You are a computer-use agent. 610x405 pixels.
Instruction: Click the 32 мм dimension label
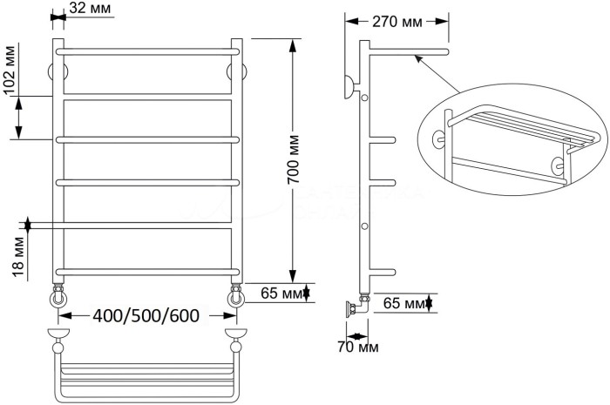pos(90,7)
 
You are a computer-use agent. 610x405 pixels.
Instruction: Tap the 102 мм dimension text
pos(10,71)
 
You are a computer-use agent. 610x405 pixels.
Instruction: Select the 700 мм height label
pos(293,159)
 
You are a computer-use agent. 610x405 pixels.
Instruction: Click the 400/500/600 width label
pos(146,315)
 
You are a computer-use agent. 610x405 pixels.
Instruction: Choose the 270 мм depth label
pos(396,22)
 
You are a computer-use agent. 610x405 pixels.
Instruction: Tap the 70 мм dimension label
pos(357,347)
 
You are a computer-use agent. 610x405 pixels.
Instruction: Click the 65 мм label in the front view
pos(281,293)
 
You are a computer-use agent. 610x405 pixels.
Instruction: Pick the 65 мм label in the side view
pos(403,303)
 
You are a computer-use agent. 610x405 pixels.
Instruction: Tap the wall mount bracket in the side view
pos(349,87)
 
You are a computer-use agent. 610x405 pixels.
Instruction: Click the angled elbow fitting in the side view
pos(357,307)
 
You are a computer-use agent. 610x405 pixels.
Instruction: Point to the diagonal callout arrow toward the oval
pos(437,74)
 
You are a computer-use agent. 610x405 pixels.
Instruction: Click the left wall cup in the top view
pos(58,334)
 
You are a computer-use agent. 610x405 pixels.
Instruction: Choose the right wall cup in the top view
pos(236,334)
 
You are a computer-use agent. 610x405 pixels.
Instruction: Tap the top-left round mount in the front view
pos(58,72)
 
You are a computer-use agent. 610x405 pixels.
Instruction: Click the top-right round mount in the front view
pos(236,72)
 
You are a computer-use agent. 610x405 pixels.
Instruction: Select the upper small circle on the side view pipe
pos(364,98)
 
